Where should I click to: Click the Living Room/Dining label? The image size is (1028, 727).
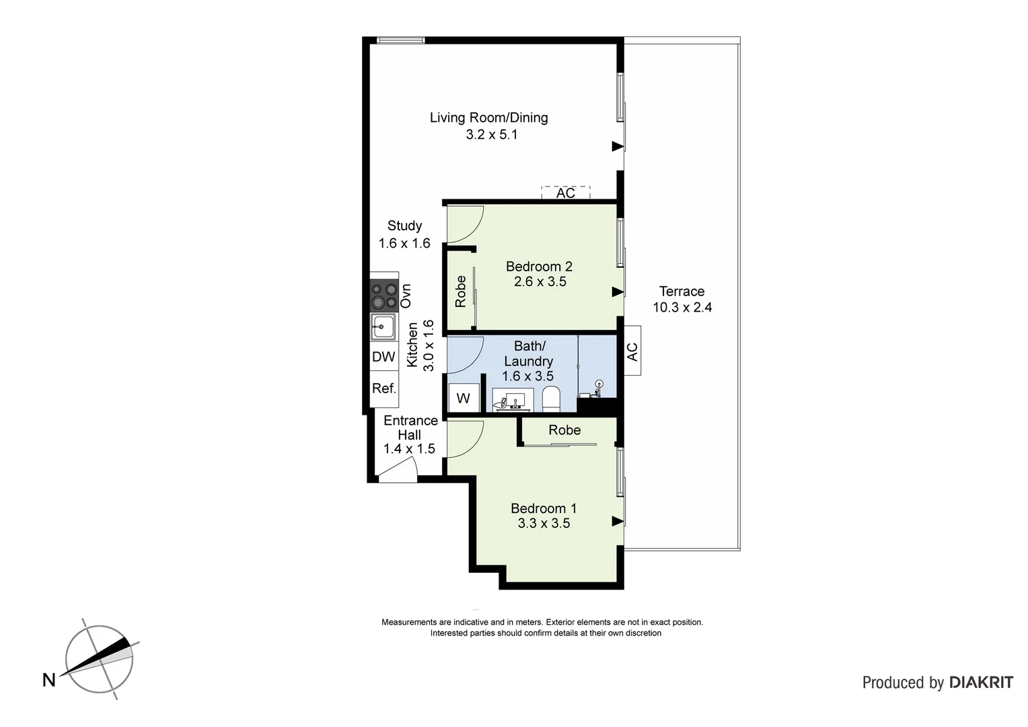point(488,118)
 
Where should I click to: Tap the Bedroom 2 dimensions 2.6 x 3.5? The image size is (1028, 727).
point(540,282)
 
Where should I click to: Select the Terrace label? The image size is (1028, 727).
point(682,291)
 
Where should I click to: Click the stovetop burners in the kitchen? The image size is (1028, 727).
point(384,296)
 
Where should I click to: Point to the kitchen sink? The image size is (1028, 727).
point(383,327)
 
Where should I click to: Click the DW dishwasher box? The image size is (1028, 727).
point(383,357)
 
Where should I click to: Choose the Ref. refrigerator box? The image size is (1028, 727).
point(383,389)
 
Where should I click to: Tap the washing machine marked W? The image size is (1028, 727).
point(464,398)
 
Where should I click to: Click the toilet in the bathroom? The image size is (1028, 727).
point(551,399)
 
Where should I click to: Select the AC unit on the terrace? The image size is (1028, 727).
point(632,351)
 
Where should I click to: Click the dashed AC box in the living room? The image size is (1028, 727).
point(565,193)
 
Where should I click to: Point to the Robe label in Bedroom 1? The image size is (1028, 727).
point(564,430)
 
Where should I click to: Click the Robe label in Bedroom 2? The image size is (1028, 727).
point(461,291)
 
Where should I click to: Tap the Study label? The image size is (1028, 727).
point(404,226)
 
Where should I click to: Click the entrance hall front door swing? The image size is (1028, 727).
point(398,472)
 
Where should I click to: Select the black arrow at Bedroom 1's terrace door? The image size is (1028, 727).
point(617,521)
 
